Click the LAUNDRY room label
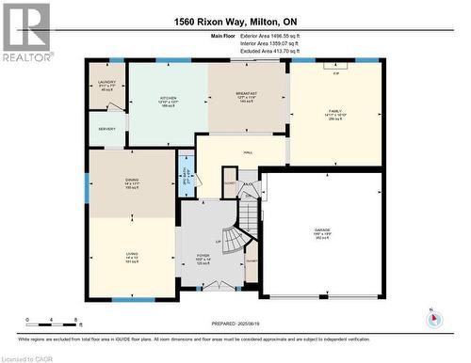106,82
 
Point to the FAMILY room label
335,110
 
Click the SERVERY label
106,129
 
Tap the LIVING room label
132,253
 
